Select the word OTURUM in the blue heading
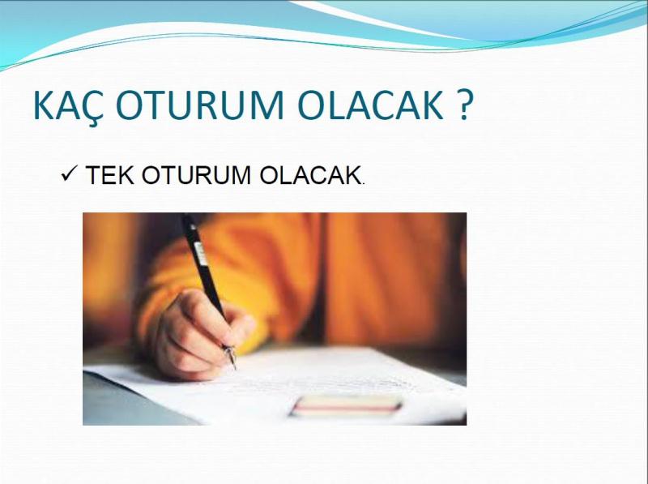point(200,105)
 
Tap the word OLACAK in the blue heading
point(370,105)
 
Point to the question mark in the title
point(464,105)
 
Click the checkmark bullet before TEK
point(69,173)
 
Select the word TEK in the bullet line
point(110,175)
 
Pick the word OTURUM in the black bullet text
point(196,175)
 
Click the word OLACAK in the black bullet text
point(310,175)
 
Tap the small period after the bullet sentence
point(363,183)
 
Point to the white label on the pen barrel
point(201,254)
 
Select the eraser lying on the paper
point(347,405)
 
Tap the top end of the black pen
point(186,216)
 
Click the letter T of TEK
point(93,175)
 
